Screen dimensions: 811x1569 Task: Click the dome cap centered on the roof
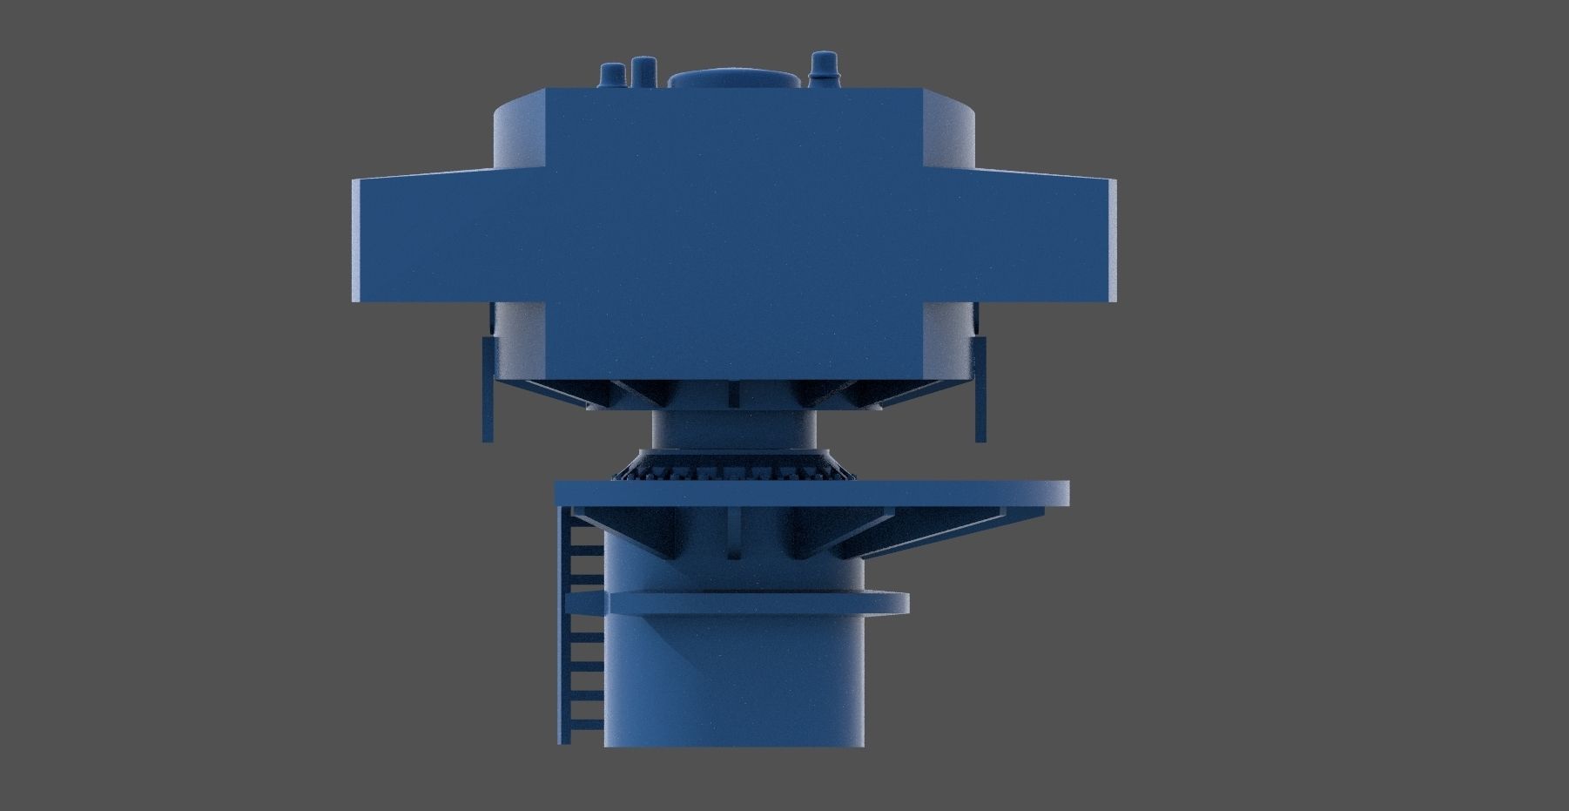click(734, 79)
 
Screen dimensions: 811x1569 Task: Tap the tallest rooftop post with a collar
click(822, 70)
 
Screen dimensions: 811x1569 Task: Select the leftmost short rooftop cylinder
click(610, 76)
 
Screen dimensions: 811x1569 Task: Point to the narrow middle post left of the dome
click(643, 72)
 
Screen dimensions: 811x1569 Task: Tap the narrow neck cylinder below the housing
click(733, 429)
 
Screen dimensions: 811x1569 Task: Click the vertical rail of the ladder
click(563, 627)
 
